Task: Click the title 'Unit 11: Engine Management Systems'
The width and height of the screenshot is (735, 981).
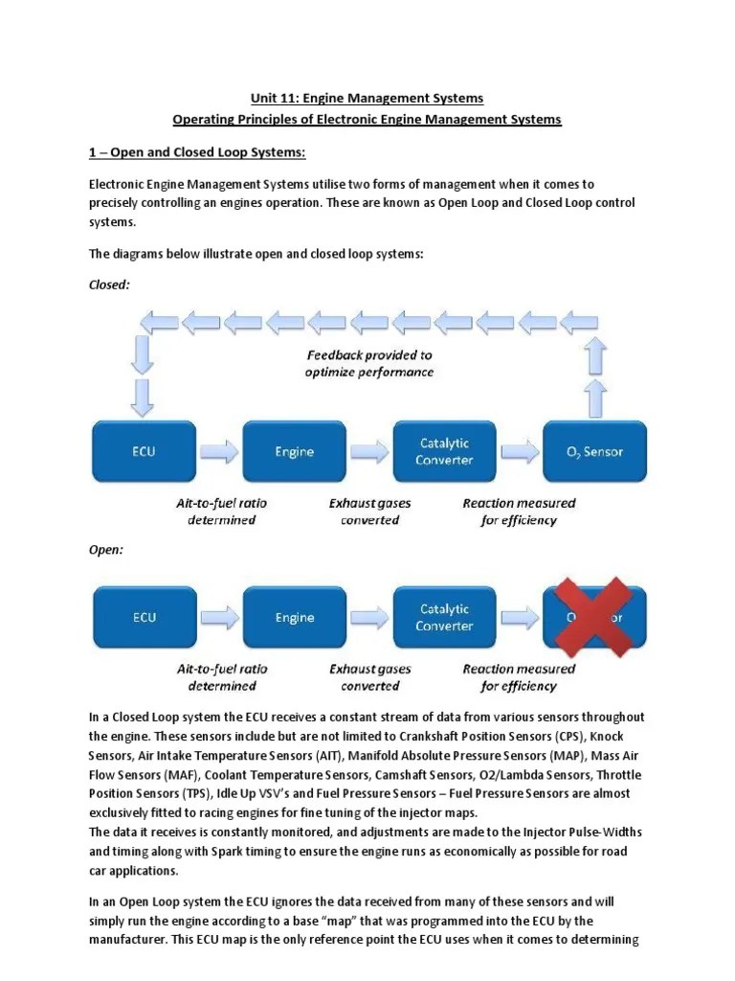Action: click(367, 98)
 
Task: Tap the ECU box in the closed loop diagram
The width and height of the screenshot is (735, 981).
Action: click(144, 451)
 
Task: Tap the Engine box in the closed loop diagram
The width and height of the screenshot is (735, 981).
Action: click(294, 451)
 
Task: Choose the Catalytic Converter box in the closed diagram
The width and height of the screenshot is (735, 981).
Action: click(444, 451)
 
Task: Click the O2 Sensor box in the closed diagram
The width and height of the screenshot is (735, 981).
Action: click(594, 451)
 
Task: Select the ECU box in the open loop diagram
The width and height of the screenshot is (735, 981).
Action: click(144, 617)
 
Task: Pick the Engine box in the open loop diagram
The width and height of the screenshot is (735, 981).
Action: click(294, 617)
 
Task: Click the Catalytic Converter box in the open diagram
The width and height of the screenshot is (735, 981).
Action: click(444, 617)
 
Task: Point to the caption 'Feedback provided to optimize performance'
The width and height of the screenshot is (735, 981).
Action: click(368, 363)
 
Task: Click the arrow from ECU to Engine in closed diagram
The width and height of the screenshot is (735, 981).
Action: click(219, 451)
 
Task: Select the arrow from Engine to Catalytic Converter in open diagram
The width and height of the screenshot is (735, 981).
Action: click(369, 617)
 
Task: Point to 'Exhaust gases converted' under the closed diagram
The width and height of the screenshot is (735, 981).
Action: click(369, 512)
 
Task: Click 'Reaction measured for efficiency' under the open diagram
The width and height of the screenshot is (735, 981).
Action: click(519, 677)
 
